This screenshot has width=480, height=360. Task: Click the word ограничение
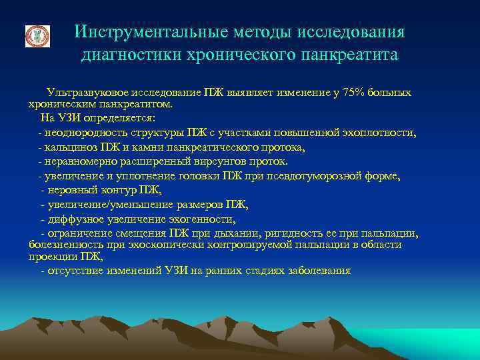pyautogui.click(x=76, y=233)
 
